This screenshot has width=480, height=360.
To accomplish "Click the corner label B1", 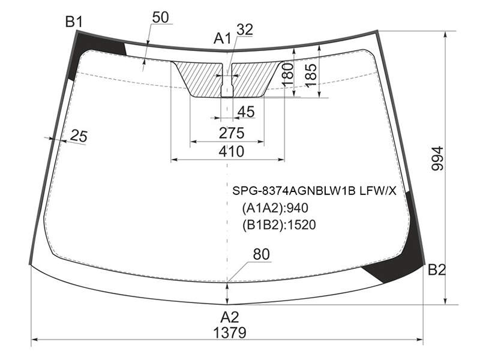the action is pos(74,22).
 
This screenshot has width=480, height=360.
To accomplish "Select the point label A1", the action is pos(222,38).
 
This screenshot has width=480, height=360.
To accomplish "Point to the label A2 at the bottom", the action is pos(230,317).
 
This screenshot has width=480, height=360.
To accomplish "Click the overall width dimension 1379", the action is pos(230,333).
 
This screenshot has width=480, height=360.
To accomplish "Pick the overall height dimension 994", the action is pos(437,158).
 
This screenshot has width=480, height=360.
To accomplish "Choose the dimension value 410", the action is pos(232,151).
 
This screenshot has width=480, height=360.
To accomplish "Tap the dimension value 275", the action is pos(232,133).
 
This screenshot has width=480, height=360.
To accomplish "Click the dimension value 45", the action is pos(246,112).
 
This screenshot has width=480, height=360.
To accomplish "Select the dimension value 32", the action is pos(245,29).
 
